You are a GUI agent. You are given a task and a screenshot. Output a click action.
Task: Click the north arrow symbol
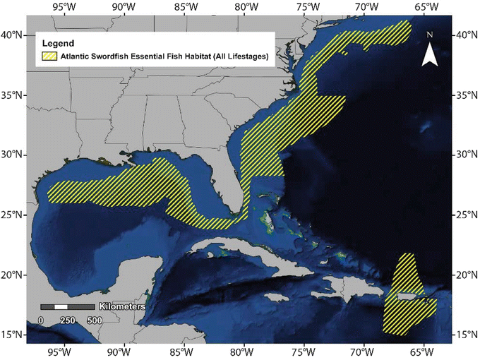[430, 54]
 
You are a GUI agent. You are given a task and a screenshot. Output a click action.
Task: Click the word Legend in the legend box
[58, 43]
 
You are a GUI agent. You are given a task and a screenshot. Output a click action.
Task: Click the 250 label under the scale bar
[68, 320]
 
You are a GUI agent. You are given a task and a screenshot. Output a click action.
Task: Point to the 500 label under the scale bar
[95, 320]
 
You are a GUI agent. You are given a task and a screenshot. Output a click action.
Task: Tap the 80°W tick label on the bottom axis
[244, 351]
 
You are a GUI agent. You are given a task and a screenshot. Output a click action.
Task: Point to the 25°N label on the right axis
[466, 215]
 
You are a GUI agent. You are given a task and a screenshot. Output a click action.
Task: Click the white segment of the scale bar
[61, 307]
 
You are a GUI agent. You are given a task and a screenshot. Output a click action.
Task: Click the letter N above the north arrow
[430, 34]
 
